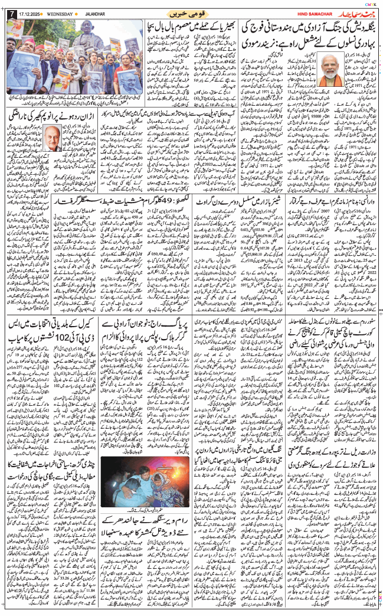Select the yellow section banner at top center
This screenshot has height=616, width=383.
188,13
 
